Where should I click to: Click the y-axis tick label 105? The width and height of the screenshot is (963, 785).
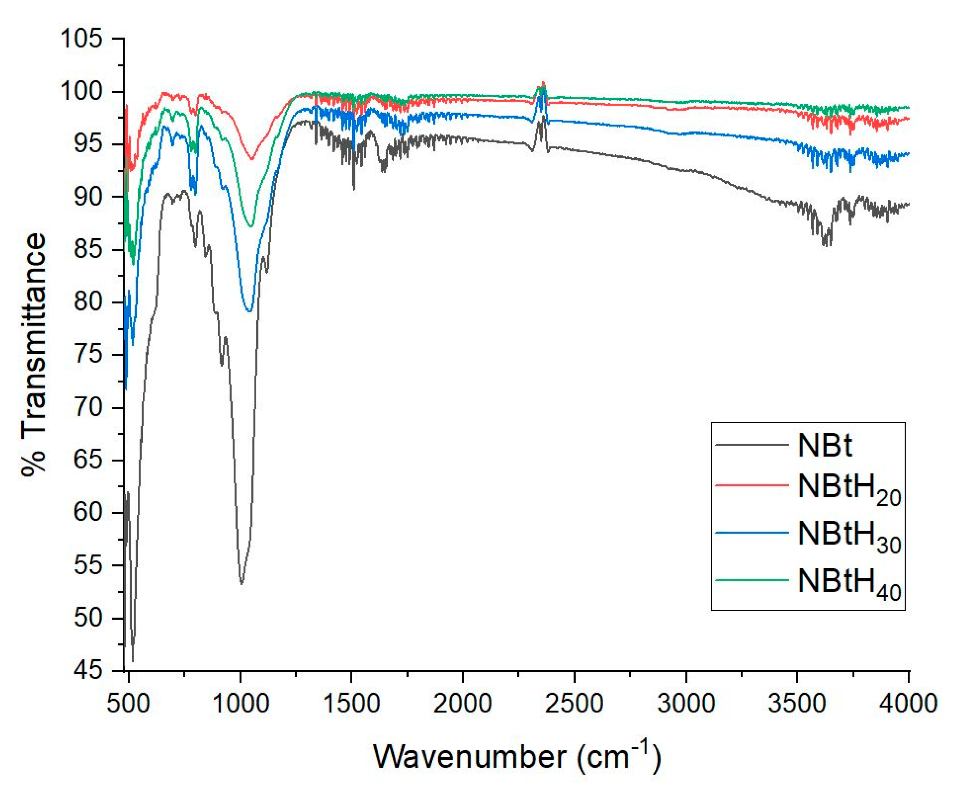81,39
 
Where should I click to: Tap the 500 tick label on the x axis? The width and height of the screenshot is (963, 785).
129,704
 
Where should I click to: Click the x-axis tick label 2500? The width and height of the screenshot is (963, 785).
574,704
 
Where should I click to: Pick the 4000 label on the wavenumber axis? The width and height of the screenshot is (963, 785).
908,704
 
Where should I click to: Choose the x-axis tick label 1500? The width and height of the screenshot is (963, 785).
351,704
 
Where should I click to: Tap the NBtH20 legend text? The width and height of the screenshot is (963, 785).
849,489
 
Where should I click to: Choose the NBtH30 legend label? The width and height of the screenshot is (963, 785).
849,537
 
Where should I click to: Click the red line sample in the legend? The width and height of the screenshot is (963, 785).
752,485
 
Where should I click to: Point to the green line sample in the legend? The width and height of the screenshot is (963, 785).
752,580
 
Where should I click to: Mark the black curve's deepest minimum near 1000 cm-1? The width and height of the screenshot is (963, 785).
242,583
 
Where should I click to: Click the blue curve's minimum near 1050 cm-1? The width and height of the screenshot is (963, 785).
250,311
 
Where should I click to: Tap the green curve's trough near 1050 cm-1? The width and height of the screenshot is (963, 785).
251,226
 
